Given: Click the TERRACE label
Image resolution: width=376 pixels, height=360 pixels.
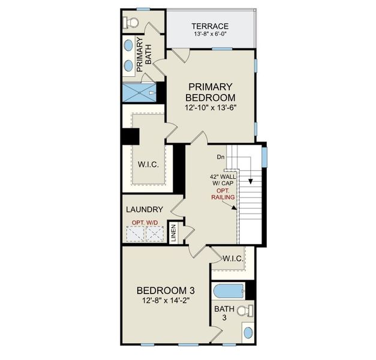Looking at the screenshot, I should tap(210, 26).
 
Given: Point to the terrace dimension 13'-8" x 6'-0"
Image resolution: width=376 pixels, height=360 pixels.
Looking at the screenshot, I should tap(210, 35).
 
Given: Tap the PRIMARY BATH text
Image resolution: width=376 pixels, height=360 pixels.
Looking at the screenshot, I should tap(144, 55).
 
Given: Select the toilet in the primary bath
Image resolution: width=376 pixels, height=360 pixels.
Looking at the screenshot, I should tap(131, 23).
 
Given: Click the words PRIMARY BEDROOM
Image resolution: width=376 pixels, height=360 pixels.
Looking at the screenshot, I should tap(210, 92).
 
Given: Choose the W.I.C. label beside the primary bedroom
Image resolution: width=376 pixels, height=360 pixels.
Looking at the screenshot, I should tap(148, 164).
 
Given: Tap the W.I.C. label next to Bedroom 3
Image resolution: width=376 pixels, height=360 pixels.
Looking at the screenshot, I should tap(232, 259).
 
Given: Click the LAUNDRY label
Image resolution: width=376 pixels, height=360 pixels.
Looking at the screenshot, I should tap(145, 209).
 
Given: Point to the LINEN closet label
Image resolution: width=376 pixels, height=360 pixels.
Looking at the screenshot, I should tap(173, 233).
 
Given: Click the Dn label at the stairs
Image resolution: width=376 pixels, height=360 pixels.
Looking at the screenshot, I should tap(221, 157).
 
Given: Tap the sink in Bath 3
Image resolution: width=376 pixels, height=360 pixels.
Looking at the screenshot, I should tap(248, 333).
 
